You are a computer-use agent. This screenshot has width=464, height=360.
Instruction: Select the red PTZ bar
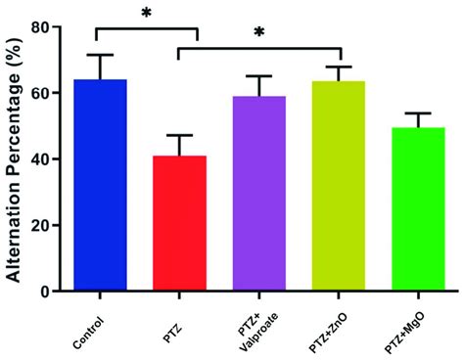click(x=179, y=224)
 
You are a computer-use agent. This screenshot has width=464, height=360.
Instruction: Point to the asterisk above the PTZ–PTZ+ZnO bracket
click(x=259, y=32)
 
